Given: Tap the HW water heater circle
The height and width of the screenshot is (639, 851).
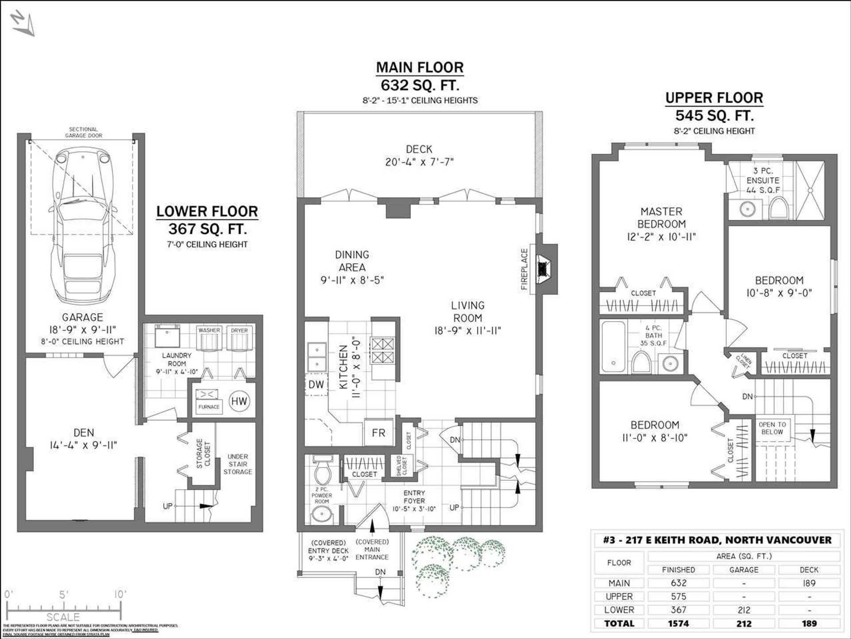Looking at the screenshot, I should point(239,401).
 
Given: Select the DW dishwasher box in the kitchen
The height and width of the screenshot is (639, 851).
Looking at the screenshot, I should point(316,385).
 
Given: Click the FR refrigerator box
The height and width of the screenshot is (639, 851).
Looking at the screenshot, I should point(378,433).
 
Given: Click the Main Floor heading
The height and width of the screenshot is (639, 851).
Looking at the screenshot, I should point(419,67).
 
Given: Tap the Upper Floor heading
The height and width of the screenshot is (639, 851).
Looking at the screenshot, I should point(714,98).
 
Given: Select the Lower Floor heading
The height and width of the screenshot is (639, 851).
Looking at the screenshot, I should point(207,212).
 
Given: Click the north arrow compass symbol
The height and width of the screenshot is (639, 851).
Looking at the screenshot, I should point(23,24).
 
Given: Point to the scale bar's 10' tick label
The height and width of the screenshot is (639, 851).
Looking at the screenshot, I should point(120,594).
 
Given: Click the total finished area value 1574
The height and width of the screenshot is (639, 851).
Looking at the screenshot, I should point(678,623).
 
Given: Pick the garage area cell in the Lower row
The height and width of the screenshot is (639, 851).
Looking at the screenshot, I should point(744,610).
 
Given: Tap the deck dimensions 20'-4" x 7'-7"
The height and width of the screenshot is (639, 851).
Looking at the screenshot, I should point(419,162).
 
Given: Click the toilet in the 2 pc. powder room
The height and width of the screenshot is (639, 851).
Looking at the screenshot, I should point(322,473).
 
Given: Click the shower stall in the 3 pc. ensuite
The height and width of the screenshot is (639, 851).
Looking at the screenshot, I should point(810,190).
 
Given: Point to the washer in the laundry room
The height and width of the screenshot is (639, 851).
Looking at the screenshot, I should point(209,340).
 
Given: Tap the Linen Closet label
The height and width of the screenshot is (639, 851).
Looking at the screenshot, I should point(743,361).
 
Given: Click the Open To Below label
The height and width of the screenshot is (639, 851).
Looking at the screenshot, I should point(772,428).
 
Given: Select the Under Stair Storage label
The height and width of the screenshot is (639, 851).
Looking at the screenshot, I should point(238,464).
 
